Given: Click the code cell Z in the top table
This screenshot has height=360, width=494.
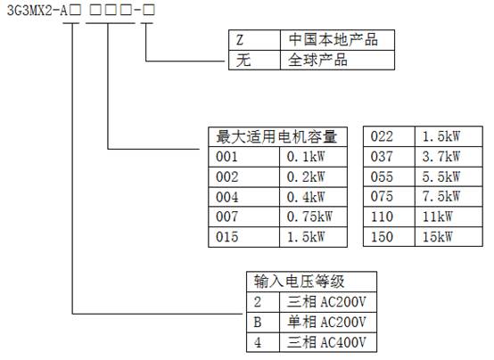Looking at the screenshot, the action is tap(254, 40).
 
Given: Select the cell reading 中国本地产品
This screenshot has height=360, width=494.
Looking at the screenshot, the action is tap(337, 40).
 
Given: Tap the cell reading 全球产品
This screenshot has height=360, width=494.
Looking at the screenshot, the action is tap(337, 60).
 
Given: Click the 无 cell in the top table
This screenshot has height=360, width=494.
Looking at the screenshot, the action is tap(254, 60).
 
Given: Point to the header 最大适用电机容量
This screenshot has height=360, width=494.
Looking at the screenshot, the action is tap(277, 137).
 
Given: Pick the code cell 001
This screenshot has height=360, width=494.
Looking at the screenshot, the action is tap(243, 157).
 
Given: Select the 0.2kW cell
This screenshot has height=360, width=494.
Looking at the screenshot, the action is tap(313, 177).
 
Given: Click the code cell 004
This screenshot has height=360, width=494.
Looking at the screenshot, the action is tap(243, 197).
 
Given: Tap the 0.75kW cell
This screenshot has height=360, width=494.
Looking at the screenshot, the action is tap(313, 217).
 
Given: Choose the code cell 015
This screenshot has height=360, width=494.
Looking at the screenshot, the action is tap(243, 237).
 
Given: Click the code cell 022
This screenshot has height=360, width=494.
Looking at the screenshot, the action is tap(389, 136).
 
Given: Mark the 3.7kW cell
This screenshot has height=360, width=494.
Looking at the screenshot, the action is tap(449, 157).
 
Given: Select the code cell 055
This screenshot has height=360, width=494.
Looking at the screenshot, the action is tap(389, 176).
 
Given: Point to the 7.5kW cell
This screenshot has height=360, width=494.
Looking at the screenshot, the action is tap(449, 197).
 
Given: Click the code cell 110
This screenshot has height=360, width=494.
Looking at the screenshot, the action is tap(389, 217).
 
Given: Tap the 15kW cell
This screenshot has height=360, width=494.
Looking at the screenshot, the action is tap(449, 236).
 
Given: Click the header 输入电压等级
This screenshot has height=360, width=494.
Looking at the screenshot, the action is tap(311, 282).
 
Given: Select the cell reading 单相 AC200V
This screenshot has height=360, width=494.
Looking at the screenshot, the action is tap(328, 323).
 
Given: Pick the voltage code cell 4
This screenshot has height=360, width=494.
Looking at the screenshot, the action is tap(263, 342).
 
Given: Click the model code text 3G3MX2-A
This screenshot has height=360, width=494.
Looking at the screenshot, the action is tap(37, 11).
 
